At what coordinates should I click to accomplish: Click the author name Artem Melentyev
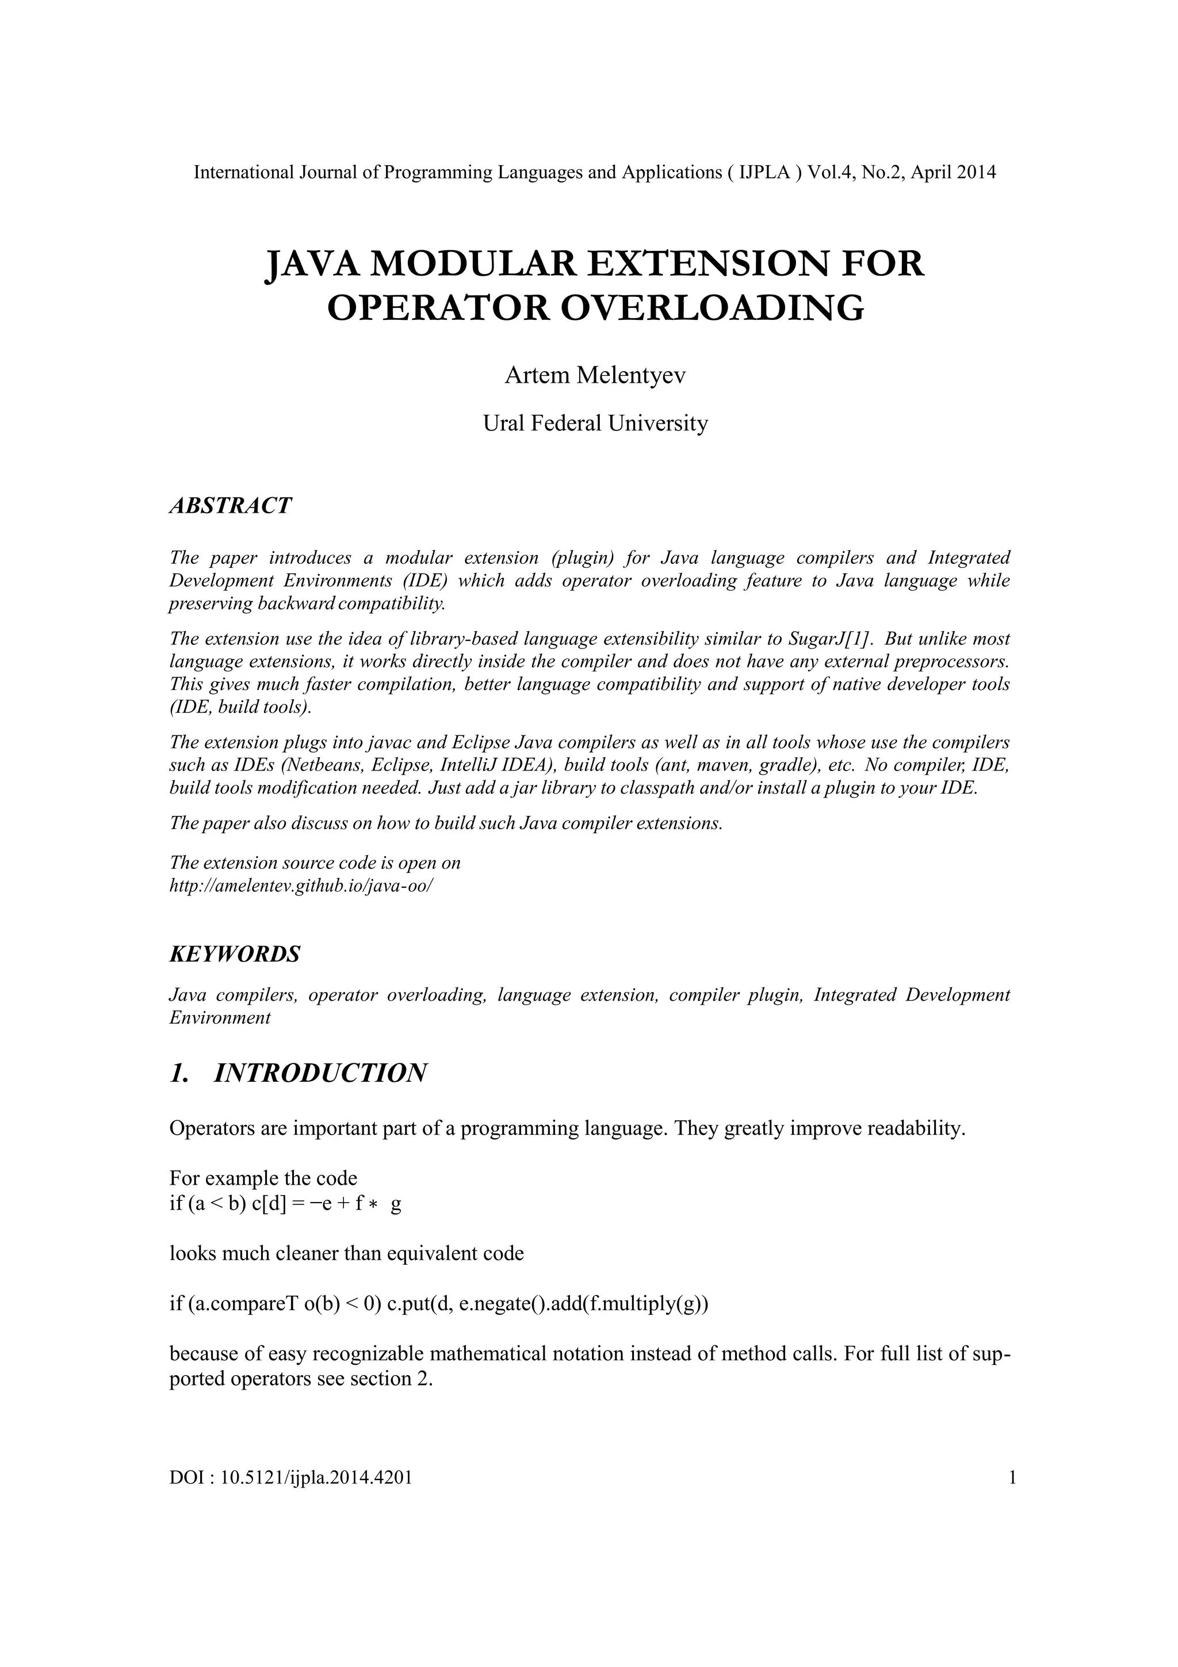coord(594,376)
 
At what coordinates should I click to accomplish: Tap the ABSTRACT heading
coord(230,506)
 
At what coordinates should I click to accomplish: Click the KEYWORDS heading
coord(234,954)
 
